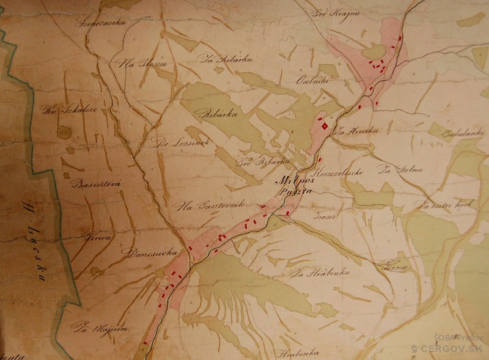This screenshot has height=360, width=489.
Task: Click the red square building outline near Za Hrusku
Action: click(324, 127)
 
